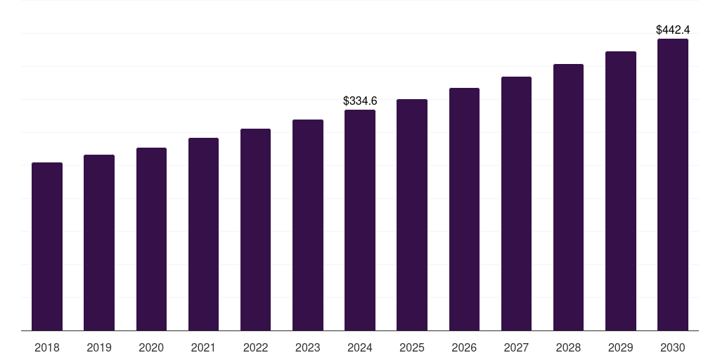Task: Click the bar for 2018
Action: [x=47, y=246]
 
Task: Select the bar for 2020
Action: [x=151, y=239]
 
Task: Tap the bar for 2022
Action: [x=255, y=229]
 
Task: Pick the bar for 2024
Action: [x=360, y=220]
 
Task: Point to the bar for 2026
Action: [x=464, y=209]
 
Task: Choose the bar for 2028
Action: [x=568, y=197]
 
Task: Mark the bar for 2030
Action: [x=673, y=184]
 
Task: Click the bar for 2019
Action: [x=99, y=243]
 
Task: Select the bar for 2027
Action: [x=516, y=203]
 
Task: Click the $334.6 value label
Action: [x=360, y=101]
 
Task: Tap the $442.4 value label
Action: [x=673, y=30]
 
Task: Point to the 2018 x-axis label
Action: [x=47, y=347]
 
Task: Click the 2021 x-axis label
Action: [x=203, y=347]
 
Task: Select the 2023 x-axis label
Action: [x=308, y=347]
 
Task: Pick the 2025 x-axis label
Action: [x=412, y=347]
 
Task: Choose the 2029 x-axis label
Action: [x=621, y=347]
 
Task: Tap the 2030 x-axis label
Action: [x=673, y=347]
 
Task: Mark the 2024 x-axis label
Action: [x=360, y=347]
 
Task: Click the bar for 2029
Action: [x=621, y=191]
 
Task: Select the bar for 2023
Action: [x=308, y=225]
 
